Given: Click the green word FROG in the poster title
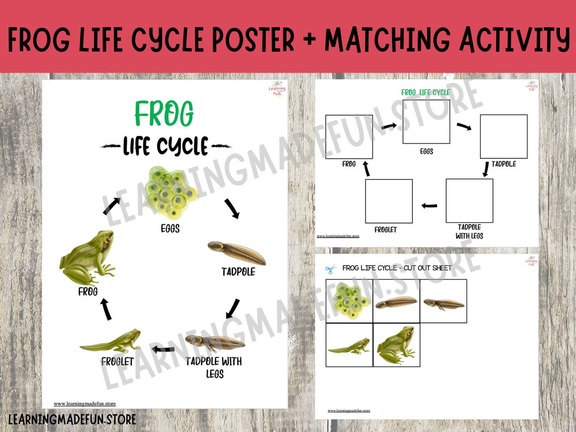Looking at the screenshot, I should tap(164, 114).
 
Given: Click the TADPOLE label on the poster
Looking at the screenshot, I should tap(238, 272).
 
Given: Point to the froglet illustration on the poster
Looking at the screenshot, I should tap(111, 342).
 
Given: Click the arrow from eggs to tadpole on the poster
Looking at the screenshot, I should tap(232, 208).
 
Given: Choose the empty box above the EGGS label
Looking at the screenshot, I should tap(426, 122).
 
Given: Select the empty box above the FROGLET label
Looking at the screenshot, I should tap(389, 201).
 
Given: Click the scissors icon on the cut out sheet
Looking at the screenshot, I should tap(330, 269).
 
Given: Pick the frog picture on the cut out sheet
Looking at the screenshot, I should tap(396, 345).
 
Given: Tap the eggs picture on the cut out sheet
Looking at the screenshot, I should tap(349, 301).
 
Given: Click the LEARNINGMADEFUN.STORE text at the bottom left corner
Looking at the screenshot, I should tap(72, 419).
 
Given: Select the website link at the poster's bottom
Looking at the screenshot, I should tap(85, 404).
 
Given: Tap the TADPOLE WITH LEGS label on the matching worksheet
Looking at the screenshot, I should tap(469, 231).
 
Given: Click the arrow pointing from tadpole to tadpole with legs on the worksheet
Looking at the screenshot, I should tap(486, 170).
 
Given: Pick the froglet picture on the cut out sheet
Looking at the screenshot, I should tap(349, 346).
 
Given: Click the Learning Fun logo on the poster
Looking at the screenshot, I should tap(277, 90).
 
